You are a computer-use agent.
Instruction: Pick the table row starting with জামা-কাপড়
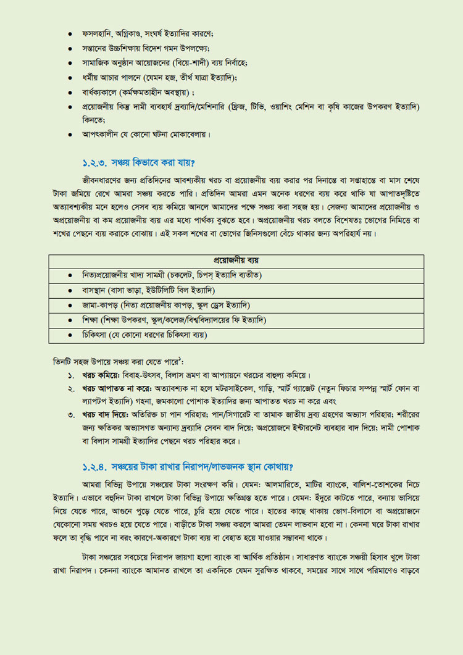tap(166, 305)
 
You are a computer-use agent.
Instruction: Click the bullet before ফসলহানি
tap(71, 33)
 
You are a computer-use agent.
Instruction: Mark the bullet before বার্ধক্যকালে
tap(71, 93)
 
